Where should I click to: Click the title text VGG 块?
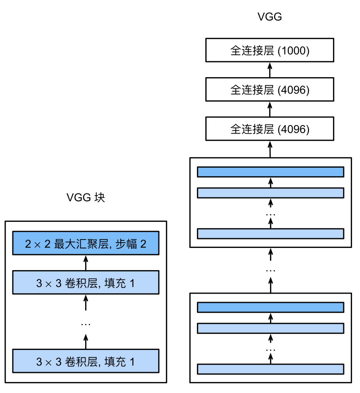pyautogui.click(x=86, y=197)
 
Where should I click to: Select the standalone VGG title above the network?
pyautogui.click(x=270, y=17)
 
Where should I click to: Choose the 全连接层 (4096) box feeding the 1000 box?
pyautogui.click(x=270, y=90)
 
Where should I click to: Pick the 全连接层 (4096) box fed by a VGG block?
pyautogui.click(x=270, y=129)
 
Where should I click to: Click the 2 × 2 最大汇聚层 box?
pyautogui.click(x=86, y=243)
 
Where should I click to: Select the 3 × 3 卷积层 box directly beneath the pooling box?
pyautogui.click(x=86, y=283)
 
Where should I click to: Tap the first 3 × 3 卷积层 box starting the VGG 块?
pyautogui.click(x=86, y=361)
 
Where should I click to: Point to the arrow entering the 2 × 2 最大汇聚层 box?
pyautogui.click(x=86, y=263)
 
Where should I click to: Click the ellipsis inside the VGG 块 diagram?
pyautogui.click(x=86, y=324)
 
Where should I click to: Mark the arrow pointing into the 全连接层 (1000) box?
pyautogui.click(x=270, y=69)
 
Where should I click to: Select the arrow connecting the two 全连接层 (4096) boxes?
pyautogui.click(x=270, y=109)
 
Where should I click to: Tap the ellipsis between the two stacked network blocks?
pyautogui.click(x=270, y=270)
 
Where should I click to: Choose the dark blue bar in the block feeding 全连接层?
pyautogui.click(x=270, y=172)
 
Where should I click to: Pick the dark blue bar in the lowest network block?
pyautogui.click(x=270, y=307)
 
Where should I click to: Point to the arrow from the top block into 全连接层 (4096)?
pyautogui.click(x=270, y=149)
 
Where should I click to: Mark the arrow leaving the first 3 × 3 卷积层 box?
pyautogui.click(x=86, y=342)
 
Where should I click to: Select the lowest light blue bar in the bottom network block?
pyautogui.click(x=270, y=369)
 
